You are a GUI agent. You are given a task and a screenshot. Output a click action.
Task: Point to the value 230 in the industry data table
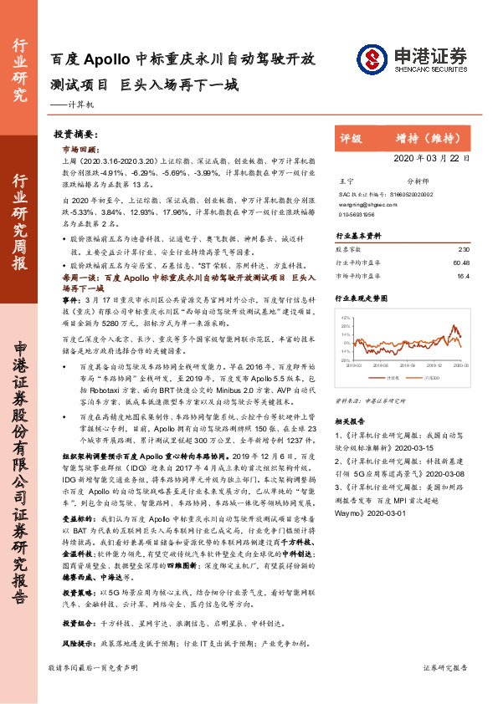point(465,249)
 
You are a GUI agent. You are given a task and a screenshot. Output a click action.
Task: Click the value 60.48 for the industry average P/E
point(461,262)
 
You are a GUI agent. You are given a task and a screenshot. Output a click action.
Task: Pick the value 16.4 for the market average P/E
point(464,274)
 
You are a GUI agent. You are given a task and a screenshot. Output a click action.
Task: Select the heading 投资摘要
point(75,134)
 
